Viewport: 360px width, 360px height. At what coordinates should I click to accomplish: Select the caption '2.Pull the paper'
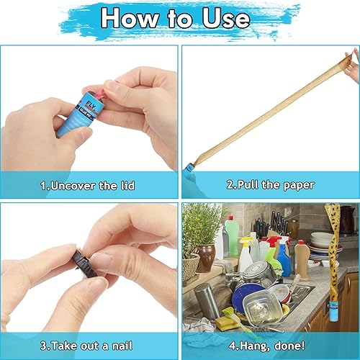pos(271,185)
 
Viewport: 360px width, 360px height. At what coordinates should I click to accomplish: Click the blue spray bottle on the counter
pos(284,260)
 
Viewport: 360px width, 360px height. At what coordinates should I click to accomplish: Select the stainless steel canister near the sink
pos(206,300)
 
